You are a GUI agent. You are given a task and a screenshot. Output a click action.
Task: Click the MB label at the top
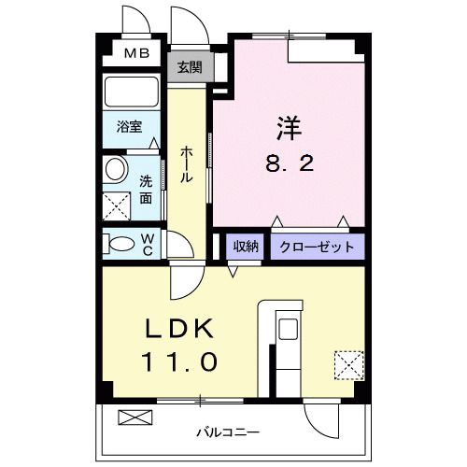tap(136, 52)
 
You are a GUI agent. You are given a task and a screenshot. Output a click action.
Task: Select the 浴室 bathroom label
tap(130, 127)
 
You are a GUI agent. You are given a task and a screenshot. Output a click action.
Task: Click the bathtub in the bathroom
tap(132, 93)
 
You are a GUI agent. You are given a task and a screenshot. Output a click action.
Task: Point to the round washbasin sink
tap(117, 170)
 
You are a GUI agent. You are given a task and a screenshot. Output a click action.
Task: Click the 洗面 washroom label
tap(147, 189)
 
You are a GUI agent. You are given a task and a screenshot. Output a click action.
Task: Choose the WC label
tap(148, 244)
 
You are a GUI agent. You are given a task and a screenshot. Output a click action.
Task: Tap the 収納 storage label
tap(247, 247)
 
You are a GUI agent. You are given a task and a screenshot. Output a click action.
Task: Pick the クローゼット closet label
tap(318, 247)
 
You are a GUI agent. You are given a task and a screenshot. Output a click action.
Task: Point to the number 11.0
tap(179, 361)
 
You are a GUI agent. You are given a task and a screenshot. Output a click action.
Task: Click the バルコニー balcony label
tap(228, 432)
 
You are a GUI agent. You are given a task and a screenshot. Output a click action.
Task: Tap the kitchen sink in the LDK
tap(288, 330)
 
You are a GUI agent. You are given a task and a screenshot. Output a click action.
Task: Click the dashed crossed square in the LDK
tap(347, 362)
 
